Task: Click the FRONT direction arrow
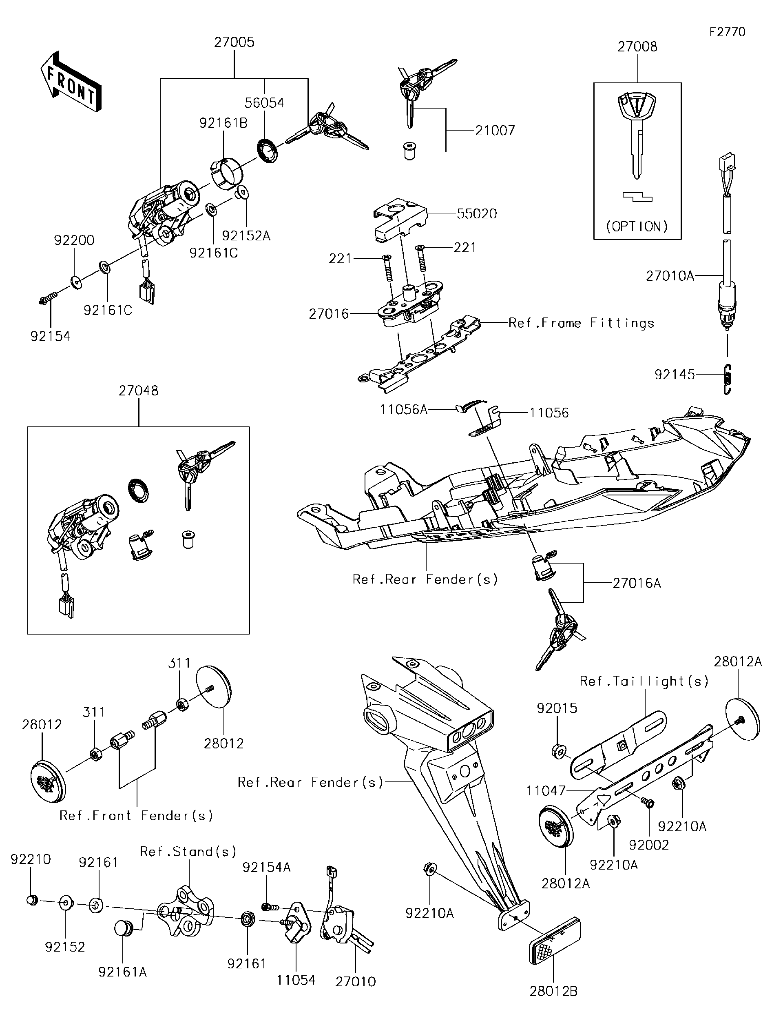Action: click(71, 81)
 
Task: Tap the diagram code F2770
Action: click(728, 31)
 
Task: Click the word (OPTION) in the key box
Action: click(637, 226)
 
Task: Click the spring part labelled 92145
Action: click(727, 379)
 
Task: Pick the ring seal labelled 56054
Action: click(267, 150)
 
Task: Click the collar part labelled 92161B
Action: click(227, 174)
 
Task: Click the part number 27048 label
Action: click(138, 391)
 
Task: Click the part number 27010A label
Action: click(670, 276)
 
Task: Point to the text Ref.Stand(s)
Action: click(188, 851)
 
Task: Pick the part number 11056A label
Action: click(403, 409)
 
